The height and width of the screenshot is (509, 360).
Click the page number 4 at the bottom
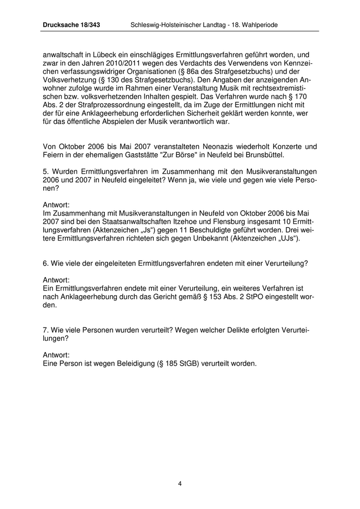(180, 483)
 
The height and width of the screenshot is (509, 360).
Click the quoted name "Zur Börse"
(174, 155)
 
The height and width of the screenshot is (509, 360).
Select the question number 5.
(46, 171)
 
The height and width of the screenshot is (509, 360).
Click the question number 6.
(46, 263)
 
